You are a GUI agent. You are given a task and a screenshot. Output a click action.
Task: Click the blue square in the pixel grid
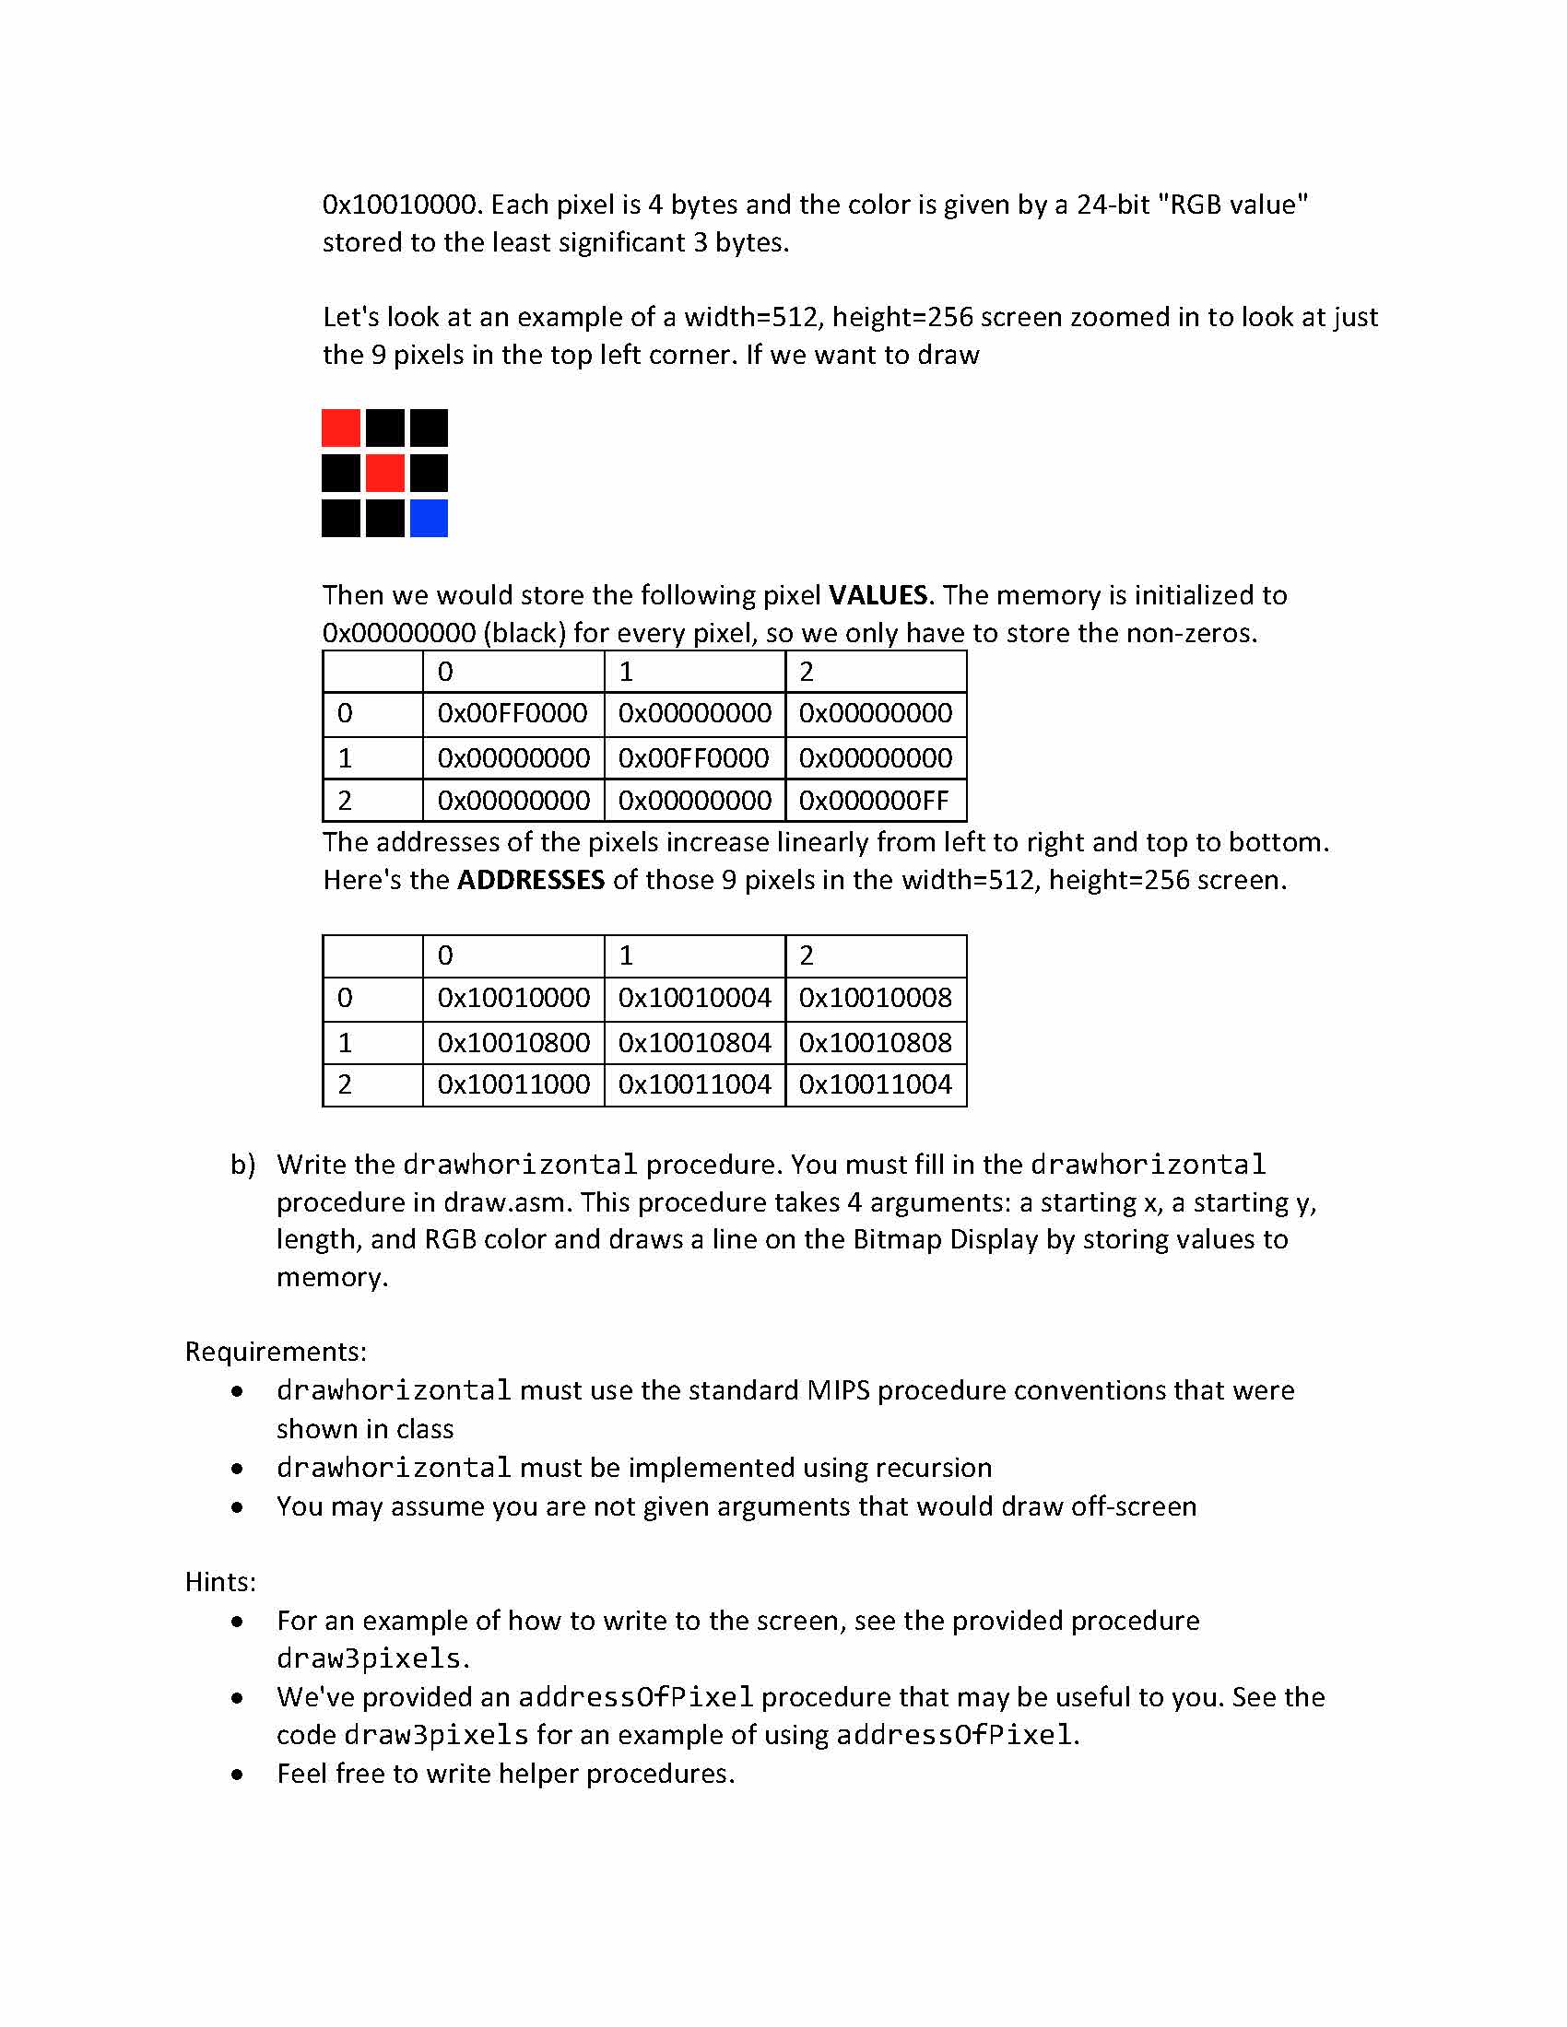point(429,518)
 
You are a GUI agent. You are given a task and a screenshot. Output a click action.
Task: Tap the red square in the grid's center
point(385,474)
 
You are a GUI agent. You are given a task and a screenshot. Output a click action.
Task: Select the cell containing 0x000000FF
point(876,801)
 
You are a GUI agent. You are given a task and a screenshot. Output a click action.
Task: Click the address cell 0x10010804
point(694,1042)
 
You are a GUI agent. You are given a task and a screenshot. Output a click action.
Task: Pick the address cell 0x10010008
point(876,998)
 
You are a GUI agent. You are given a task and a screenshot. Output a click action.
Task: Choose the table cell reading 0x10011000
point(513,1084)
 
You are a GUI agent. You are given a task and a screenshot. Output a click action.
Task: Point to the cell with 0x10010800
point(513,1042)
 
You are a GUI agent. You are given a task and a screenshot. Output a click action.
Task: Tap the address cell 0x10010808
point(876,1042)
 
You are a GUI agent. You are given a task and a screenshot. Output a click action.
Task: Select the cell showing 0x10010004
point(694,998)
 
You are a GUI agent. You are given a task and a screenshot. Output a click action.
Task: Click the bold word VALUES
point(878,595)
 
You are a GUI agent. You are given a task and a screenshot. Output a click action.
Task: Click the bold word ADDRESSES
point(531,880)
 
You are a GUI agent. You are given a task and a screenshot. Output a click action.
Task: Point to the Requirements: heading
point(276,1352)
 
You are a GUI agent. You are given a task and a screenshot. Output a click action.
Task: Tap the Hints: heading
point(220,1581)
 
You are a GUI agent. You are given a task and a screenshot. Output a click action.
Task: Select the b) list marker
point(243,1165)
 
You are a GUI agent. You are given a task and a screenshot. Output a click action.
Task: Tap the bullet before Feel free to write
point(239,1775)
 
